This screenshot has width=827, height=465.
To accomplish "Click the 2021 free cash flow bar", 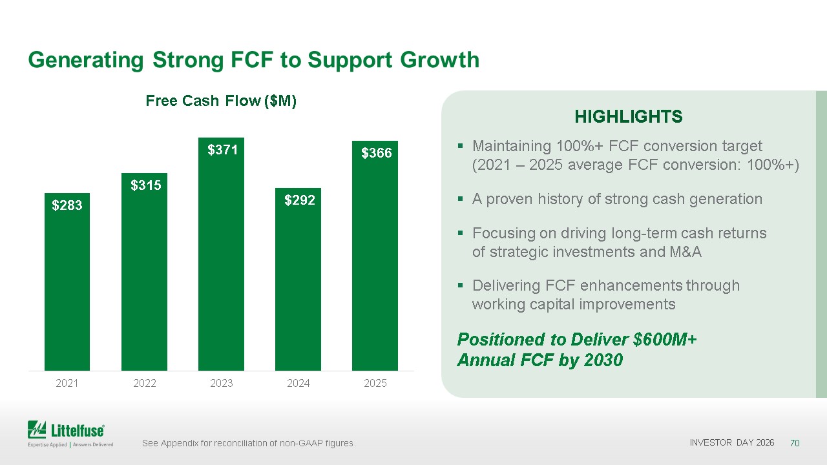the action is pyautogui.click(x=67, y=282).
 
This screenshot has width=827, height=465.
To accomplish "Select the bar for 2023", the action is pyautogui.click(x=221, y=254).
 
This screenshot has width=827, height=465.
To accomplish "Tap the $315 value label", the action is pyautogui.click(x=146, y=185).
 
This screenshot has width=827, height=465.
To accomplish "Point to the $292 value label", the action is pyautogui.click(x=299, y=200).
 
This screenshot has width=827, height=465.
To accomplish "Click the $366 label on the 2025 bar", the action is pyautogui.click(x=376, y=153).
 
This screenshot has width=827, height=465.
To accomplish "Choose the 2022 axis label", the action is pyautogui.click(x=144, y=383).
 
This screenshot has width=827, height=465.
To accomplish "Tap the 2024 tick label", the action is pyautogui.click(x=298, y=383).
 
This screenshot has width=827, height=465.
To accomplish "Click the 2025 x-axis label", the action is pyautogui.click(x=375, y=383).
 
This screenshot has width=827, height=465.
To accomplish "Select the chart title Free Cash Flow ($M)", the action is pyautogui.click(x=221, y=101).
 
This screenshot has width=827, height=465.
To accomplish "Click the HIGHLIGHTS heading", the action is pyautogui.click(x=629, y=117).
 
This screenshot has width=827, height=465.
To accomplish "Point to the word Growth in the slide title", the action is pyautogui.click(x=440, y=60).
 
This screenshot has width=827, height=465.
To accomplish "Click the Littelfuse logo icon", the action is pyautogui.click(x=37, y=429).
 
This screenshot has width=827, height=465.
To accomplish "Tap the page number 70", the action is pyautogui.click(x=795, y=443).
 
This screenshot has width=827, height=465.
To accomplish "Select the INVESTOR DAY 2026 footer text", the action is pyautogui.click(x=732, y=442).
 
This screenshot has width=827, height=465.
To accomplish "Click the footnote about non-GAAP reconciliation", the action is pyautogui.click(x=249, y=443).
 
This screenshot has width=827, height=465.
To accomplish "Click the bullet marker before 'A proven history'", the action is pyautogui.click(x=460, y=199).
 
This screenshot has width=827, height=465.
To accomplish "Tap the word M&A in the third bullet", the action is pyautogui.click(x=686, y=252).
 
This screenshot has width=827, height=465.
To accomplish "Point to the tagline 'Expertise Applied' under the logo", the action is pyautogui.click(x=47, y=445).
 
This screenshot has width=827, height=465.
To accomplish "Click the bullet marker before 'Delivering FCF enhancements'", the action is pyautogui.click(x=460, y=285).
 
